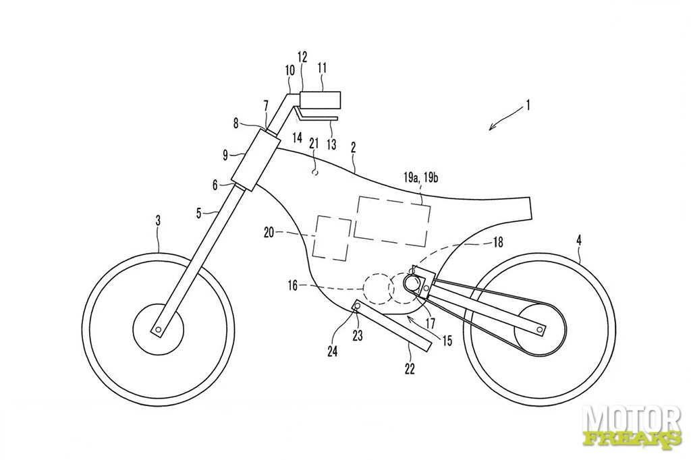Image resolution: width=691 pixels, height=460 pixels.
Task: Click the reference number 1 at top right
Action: [528, 106]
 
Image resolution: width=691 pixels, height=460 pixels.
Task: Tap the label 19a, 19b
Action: [420, 178]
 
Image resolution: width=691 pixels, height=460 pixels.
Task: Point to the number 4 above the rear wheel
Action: [578, 240]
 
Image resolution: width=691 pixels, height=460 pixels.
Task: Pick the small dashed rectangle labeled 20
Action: [332, 237]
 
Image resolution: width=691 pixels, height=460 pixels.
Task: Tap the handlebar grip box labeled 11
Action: [321, 99]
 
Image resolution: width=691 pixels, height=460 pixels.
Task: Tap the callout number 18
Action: [497, 242]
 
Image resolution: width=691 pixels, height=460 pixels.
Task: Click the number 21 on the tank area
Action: [313, 144]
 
